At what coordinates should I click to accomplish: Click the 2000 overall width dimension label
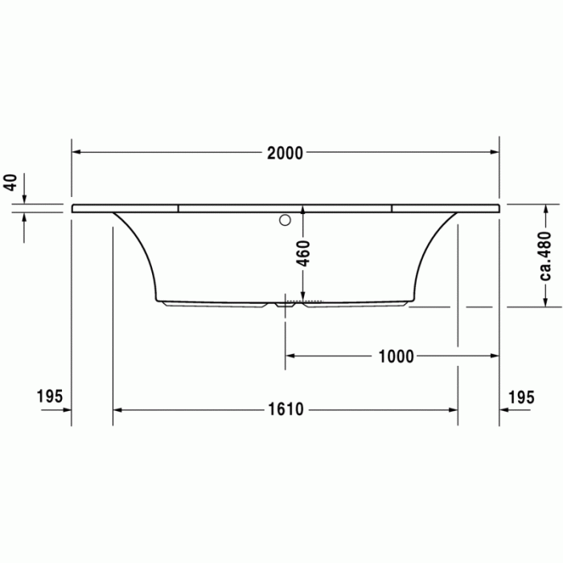point(286,153)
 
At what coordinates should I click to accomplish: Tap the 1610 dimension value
point(286,410)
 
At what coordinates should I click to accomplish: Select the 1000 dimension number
point(396,356)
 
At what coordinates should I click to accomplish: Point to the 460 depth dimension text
point(302,253)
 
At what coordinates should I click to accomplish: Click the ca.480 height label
point(546,256)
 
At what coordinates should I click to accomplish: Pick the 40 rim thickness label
point(10,182)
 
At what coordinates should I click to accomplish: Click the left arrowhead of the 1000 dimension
point(290,355)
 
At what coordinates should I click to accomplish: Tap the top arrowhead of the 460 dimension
point(303,211)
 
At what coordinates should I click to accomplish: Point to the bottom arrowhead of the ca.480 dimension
point(546,302)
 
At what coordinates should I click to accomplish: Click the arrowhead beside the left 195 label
point(67,409)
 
